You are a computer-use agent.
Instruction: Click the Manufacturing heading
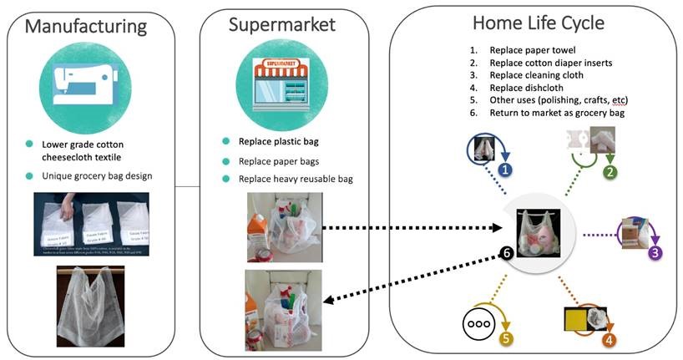[x=86, y=26]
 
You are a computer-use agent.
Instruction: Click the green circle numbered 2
[x=610, y=173]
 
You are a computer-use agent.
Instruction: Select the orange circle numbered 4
[x=610, y=340]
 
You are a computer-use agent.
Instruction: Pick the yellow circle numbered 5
[x=506, y=339]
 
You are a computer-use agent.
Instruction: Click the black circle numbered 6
[x=505, y=251]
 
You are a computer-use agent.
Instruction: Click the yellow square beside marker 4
[x=577, y=320]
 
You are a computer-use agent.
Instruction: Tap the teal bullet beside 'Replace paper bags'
[x=225, y=160]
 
